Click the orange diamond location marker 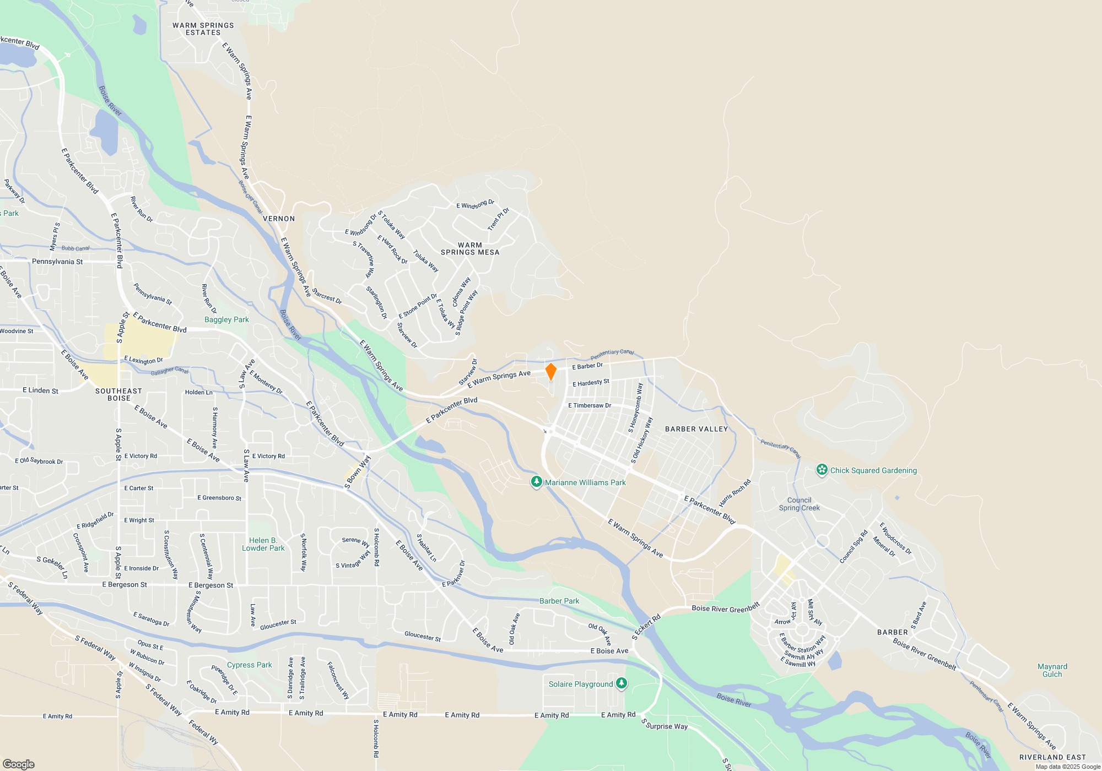pyautogui.click(x=550, y=372)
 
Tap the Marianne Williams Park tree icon pyautogui.click(x=536, y=482)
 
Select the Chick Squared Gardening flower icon pyautogui.click(x=822, y=470)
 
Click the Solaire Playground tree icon pyautogui.click(x=622, y=683)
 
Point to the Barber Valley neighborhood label pyautogui.click(x=696, y=429)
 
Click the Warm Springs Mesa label pyautogui.click(x=470, y=249)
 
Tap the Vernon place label pyautogui.click(x=279, y=219)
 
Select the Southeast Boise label pyautogui.click(x=118, y=394)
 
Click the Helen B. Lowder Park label pyautogui.click(x=263, y=544)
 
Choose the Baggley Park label pyautogui.click(x=226, y=319)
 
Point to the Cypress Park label pyautogui.click(x=249, y=665)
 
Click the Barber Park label pyautogui.click(x=559, y=601)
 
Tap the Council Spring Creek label pyautogui.click(x=799, y=504)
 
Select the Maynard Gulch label pyautogui.click(x=1052, y=670)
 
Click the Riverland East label pyautogui.click(x=1052, y=757)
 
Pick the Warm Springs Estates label pyautogui.click(x=203, y=29)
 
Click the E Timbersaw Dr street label pyautogui.click(x=590, y=405)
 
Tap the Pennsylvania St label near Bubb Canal pyautogui.click(x=57, y=262)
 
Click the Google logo pyautogui.click(x=19, y=764)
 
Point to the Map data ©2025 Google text pyautogui.click(x=1068, y=767)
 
